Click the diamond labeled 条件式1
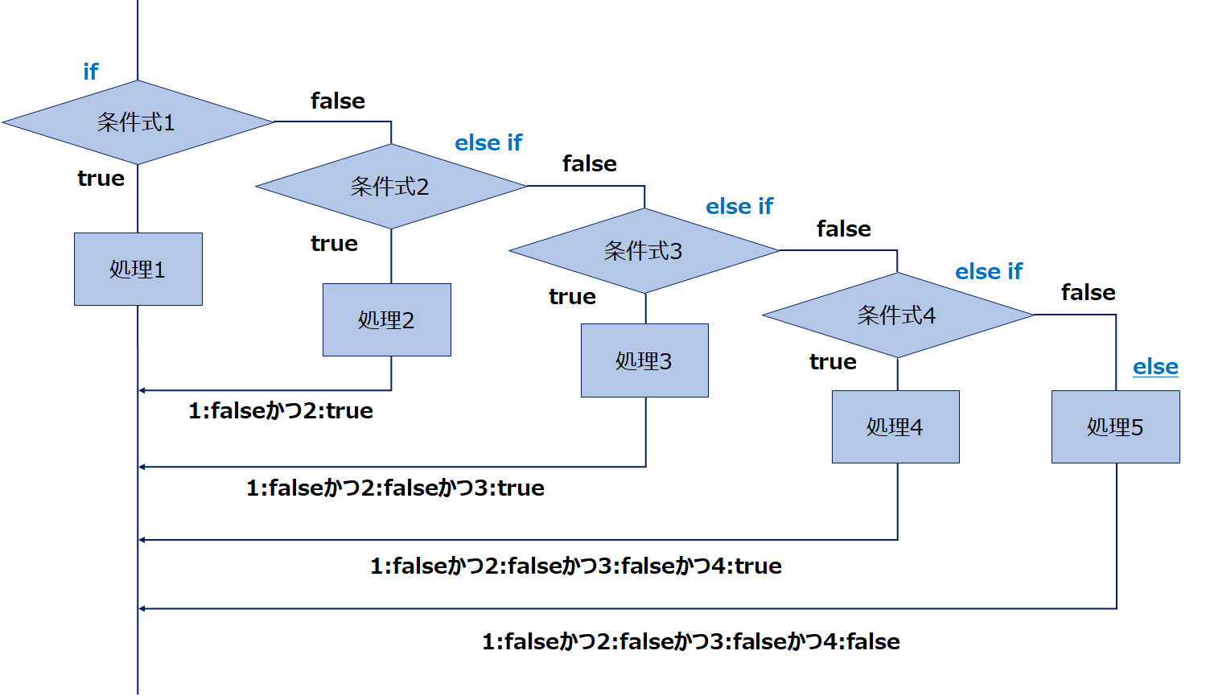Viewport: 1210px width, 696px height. [x=138, y=122]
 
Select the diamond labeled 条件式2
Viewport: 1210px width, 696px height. [x=391, y=187]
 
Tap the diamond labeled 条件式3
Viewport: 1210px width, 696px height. [x=644, y=251]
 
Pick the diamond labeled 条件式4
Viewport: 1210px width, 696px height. [x=898, y=315]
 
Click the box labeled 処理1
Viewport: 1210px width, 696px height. [x=138, y=270]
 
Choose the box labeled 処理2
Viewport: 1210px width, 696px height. [x=387, y=320]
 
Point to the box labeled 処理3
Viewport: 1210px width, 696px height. [x=644, y=360]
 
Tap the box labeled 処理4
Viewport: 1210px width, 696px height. [x=895, y=427]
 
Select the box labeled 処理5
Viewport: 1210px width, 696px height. [x=1116, y=427]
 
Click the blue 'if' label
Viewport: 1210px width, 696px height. [x=91, y=72]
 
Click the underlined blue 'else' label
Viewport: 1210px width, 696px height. [x=1155, y=367]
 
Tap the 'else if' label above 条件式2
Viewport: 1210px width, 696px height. [x=488, y=143]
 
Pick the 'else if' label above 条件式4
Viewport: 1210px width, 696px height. [x=989, y=272]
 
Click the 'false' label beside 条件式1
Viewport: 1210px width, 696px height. [x=338, y=101]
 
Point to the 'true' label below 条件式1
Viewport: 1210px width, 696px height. [x=101, y=179]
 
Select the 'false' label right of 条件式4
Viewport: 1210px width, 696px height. [x=1089, y=293]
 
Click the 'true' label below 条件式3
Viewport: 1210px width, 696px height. [x=572, y=297]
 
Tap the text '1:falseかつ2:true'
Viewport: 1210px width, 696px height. [x=281, y=411]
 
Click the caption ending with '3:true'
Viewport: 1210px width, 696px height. [x=395, y=488]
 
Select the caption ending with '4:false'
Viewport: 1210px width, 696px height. [x=691, y=642]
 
